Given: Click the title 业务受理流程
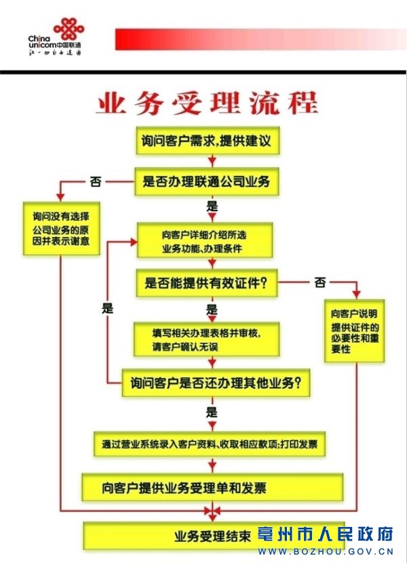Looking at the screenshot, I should (207, 104).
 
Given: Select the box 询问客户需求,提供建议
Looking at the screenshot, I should (206, 142).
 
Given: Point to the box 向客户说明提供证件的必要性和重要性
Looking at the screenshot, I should (353, 331).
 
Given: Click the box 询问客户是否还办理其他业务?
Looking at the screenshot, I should (216, 384).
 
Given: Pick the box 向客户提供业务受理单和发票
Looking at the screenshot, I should (212, 487).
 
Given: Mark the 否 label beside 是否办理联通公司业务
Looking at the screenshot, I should (96, 181).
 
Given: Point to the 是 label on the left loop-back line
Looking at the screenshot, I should (108, 308).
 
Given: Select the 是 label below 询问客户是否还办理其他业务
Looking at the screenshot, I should (212, 412).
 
